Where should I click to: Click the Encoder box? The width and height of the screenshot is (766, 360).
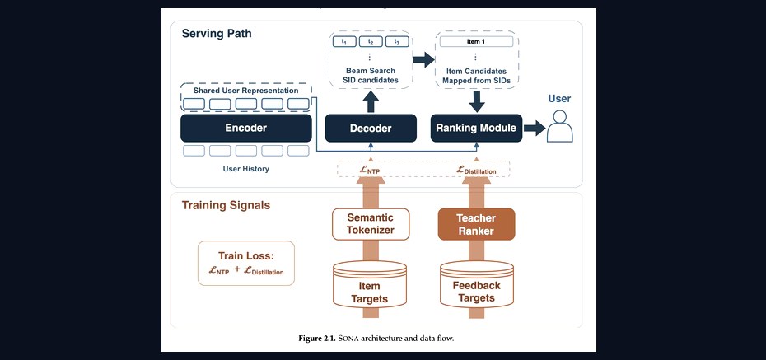[x=245, y=128]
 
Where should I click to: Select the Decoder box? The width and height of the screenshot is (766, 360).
[x=371, y=129]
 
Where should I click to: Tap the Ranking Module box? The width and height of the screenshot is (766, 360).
[x=476, y=128]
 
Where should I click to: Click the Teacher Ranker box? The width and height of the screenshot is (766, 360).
[x=476, y=224]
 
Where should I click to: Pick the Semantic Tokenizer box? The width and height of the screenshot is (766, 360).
[x=371, y=224]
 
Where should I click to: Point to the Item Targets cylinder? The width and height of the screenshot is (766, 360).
[x=369, y=284]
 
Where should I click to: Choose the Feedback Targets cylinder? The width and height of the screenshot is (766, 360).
[x=476, y=284]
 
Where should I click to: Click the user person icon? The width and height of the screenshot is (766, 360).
[x=559, y=126]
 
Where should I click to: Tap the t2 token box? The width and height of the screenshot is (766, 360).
[x=371, y=42]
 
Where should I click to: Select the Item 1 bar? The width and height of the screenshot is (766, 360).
[x=476, y=41]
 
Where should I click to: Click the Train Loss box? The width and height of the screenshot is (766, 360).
[x=246, y=264]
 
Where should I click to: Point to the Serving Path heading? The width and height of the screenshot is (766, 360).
[x=217, y=34]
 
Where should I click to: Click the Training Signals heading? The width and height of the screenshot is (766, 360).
[x=226, y=205]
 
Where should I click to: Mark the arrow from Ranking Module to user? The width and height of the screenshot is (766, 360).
[x=535, y=129]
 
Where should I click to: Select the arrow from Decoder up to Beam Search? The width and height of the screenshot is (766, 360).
[x=371, y=102]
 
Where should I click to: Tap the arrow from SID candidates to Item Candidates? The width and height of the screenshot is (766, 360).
[x=423, y=59]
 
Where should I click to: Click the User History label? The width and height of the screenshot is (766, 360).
[x=245, y=169]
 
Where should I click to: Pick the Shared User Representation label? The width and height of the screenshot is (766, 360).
[x=245, y=91]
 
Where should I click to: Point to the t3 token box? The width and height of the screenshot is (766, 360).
[x=397, y=42]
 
